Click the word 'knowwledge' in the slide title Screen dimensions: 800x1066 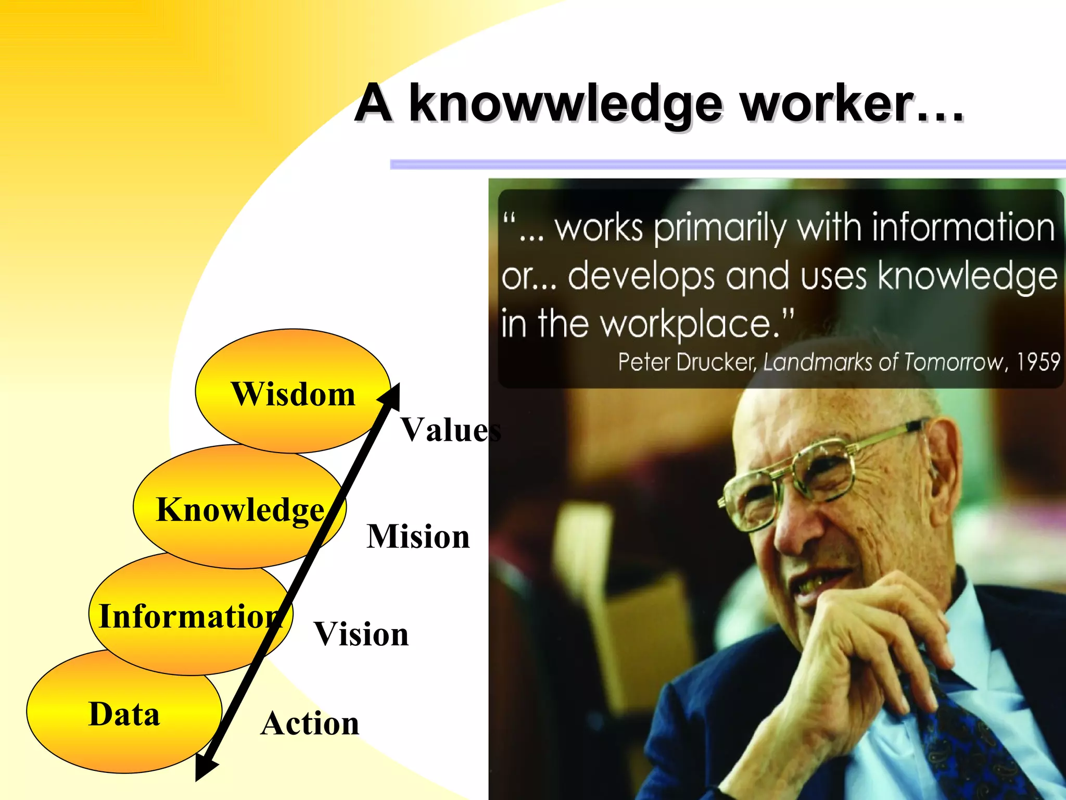click(566, 104)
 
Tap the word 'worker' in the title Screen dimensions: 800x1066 click(828, 104)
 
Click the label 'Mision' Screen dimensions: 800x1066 click(418, 536)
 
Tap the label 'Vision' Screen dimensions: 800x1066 click(361, 634)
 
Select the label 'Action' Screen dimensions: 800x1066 click(310, 723)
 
